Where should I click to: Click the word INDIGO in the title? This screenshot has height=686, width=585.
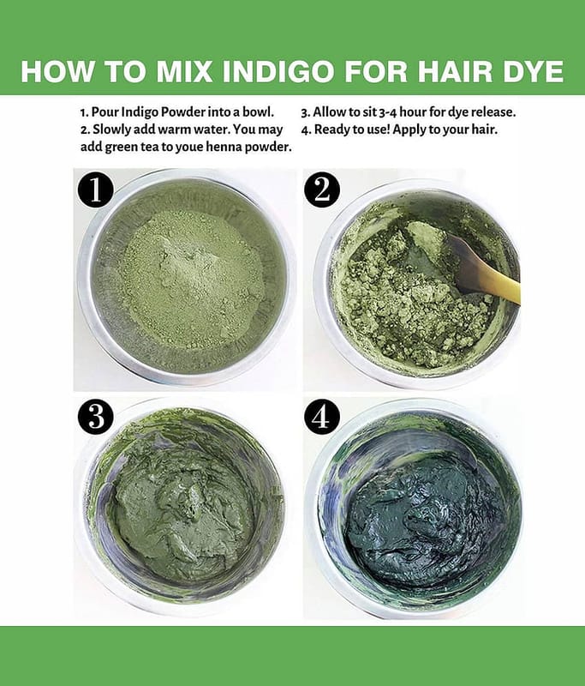point(280,71)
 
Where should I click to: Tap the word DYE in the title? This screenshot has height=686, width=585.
point(533,71)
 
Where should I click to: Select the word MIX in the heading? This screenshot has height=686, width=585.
point(184,71)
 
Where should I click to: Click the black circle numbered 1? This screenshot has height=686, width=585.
point(96,190)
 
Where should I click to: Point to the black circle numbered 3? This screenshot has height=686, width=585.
point(96,417)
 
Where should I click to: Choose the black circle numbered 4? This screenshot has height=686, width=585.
point(321,416)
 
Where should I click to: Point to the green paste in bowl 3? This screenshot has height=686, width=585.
point(183,512)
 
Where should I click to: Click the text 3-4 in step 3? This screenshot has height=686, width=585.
point(387,112)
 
